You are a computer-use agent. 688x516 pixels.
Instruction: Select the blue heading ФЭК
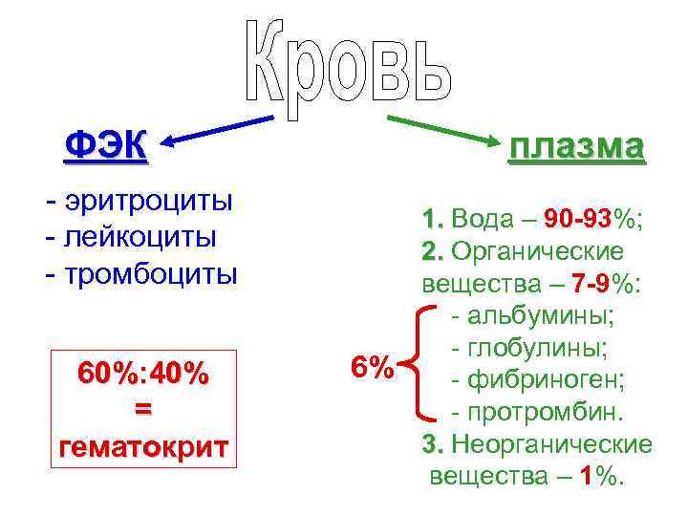coord(104,145)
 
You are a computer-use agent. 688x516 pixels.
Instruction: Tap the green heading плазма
coord(576,147)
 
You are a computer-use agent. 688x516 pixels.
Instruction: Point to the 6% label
coord(372,367)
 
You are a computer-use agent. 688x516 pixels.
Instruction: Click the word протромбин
coord(544,413)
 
